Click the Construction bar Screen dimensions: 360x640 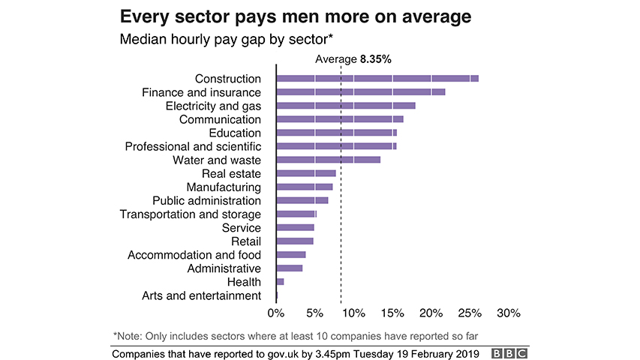377,78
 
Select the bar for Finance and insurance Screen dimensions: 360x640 361,91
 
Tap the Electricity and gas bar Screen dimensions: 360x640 346,105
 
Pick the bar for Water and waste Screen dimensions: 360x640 329,160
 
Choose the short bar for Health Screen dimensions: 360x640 281,281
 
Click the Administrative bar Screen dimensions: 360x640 290,268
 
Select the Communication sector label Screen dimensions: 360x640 220,119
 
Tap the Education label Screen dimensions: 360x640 236,133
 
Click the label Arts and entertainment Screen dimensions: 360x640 201,295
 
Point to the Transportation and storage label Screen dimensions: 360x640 191,214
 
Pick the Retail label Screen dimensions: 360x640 246,241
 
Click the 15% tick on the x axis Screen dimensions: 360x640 392,312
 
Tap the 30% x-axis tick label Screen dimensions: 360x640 508,312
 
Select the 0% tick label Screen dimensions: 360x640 276,312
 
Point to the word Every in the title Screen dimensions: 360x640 146,16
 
